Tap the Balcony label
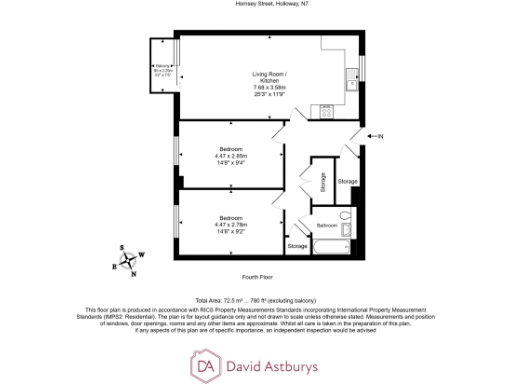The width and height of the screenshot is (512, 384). [163, 68]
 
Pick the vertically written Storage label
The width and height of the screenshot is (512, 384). [323, 183]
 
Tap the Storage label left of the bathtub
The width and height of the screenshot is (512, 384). [298, 246]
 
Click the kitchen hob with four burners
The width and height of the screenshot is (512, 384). [325, 112]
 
